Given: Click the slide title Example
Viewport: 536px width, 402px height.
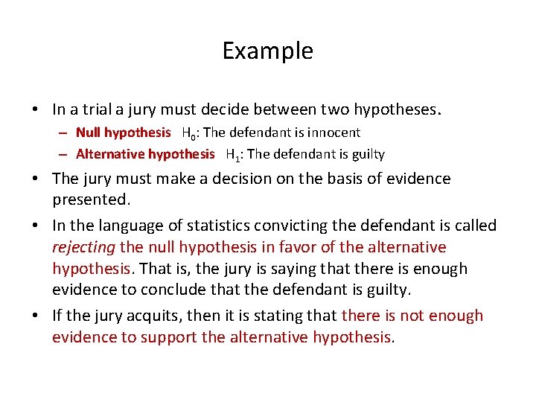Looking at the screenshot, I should tap(267, 51).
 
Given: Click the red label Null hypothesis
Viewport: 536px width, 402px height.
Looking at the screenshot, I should tap(123, 133).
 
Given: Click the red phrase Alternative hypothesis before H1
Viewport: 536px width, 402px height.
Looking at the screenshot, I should tap(144, 154).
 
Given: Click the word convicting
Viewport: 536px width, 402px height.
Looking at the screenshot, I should tap(286, 226).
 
